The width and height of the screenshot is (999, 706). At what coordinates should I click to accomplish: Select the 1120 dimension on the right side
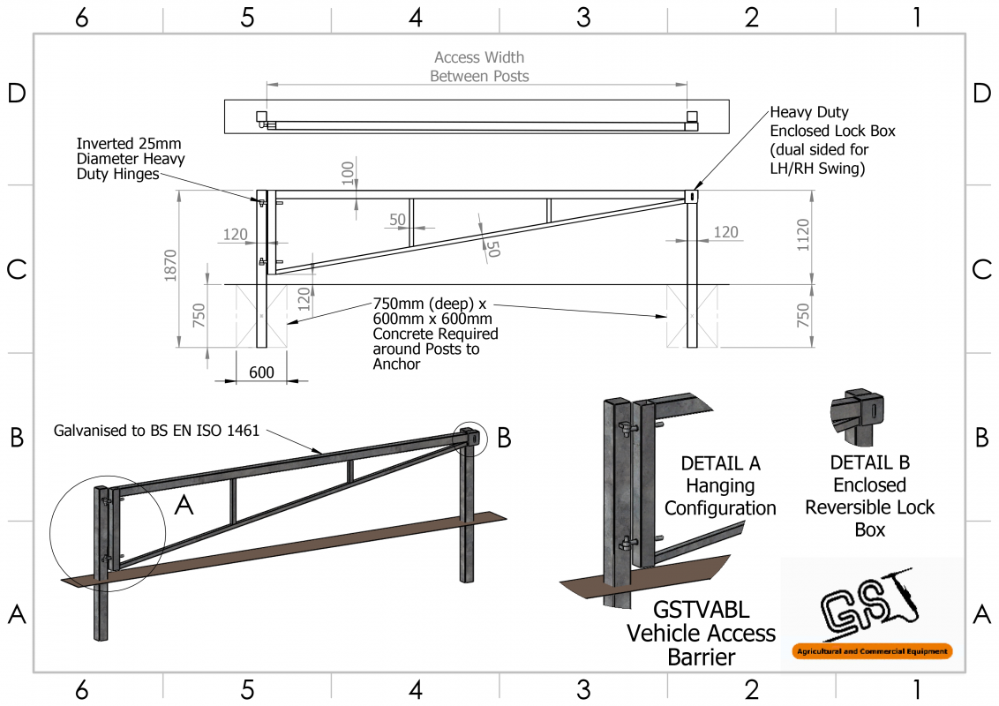click(x=802, y=236)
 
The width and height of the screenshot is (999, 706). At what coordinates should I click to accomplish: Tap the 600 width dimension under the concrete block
click(x=261, y=372)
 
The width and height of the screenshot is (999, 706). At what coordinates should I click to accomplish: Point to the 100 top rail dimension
click(x=348, y=171)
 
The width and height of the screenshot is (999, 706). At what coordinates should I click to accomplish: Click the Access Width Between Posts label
click(x=479, y=67)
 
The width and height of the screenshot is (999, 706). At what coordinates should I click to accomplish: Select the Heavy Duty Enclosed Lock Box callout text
click(x=820, y=139)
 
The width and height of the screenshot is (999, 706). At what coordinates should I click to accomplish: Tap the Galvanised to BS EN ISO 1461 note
click(x=157, y=431)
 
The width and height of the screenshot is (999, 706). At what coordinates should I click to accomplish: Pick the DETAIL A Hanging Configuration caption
click(x=720, y=486)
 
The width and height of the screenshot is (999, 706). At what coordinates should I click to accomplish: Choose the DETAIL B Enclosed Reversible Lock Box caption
click(x=869, y=496)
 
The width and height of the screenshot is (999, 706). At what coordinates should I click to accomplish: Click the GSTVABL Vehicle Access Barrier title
click(x=701, y=633)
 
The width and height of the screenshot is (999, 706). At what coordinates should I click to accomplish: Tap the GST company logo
click(x=869, y=610)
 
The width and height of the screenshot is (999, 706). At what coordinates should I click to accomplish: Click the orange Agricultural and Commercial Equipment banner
click(x=872, y=652)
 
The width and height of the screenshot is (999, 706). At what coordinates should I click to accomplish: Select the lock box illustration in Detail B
click(x=859, y=416)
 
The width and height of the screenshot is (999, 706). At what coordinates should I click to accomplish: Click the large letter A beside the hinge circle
click(x=184, y=504)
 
